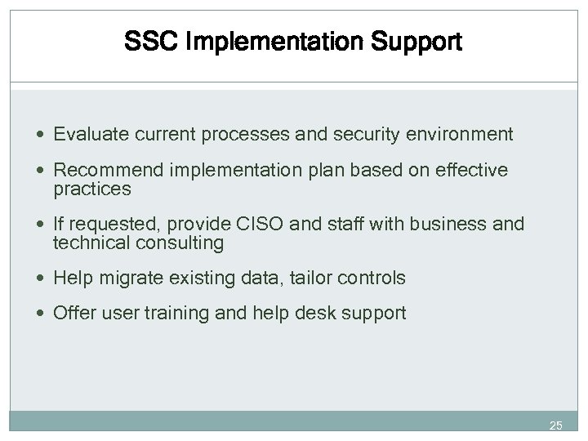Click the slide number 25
coord(555,425)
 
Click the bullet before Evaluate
coord(42,134)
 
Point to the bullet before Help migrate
coord(42,278)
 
